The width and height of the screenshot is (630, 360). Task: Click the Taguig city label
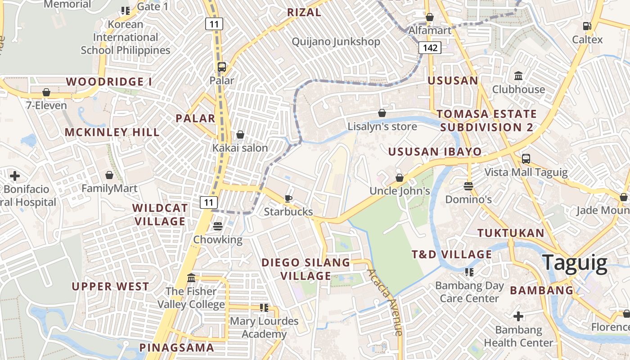[x=575, y=263]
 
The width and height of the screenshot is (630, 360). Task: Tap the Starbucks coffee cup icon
[x=288, y=198]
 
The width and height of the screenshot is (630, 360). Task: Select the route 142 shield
[x=430, y=48]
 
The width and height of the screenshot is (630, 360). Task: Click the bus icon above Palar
[x=221, y=67]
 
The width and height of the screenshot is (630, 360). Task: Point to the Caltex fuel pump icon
[x=587, y=26]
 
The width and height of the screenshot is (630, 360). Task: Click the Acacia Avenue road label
[x=384, y=302]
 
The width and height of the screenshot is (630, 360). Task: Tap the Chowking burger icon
[x=218, y=226]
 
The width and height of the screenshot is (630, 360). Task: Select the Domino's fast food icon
[x=468, y=185]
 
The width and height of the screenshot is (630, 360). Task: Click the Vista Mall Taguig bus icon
[x=526, y=159]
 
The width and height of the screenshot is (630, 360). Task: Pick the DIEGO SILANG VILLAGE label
[x=306, y=269]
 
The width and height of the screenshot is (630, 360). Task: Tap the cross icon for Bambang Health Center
[x=518, y=316]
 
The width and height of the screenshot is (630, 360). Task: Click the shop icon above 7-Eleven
[x=46, y=92]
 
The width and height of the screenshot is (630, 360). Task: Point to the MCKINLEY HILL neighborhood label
[x=112, y=132]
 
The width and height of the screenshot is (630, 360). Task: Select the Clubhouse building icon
[x=518, y=76]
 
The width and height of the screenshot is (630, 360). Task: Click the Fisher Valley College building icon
[x=191, y=278]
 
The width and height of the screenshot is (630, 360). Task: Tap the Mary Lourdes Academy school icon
[x=264, y=308]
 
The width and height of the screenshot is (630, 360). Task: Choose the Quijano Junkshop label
[x=336, y=42]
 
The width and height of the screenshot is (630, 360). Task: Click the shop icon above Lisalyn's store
[x=382, y=112]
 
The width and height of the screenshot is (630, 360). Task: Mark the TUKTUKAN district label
[x=511, y=233]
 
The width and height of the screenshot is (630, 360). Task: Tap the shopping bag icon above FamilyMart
[x=109, y=175]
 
